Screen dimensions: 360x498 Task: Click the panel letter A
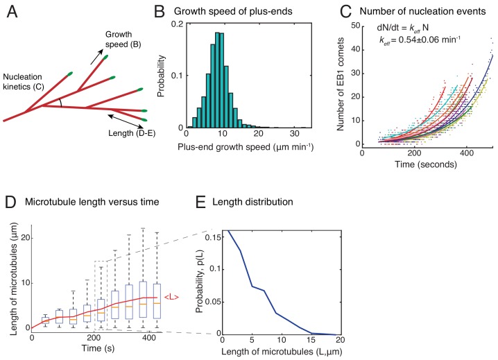[10, 12]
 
